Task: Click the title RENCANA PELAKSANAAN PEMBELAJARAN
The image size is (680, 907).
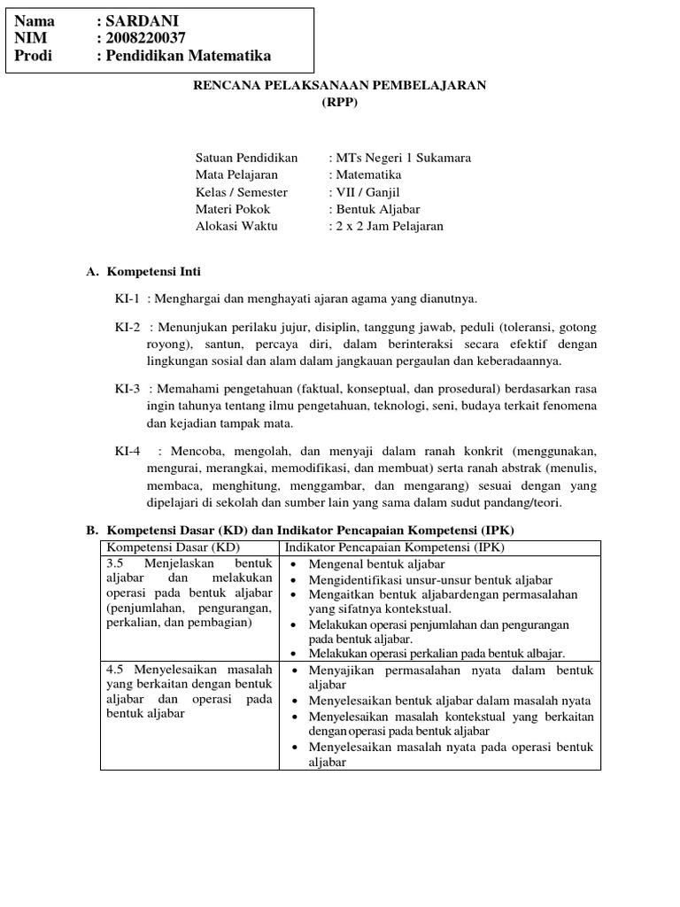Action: [x=340, y=84]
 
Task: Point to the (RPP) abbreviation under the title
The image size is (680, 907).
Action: [x=340, y=101]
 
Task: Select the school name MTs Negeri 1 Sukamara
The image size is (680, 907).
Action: [x=402, y=158]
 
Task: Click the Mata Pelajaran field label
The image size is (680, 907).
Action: [x=236, y=175]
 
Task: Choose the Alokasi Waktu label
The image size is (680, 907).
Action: [x=236, y=226]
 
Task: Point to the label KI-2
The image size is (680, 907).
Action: [x=127, y=327]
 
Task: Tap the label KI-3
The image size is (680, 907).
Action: [x=127, y=389]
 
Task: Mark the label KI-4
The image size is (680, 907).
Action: [x=127, y=451]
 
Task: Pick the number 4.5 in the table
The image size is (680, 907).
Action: [x=115, y=671]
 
